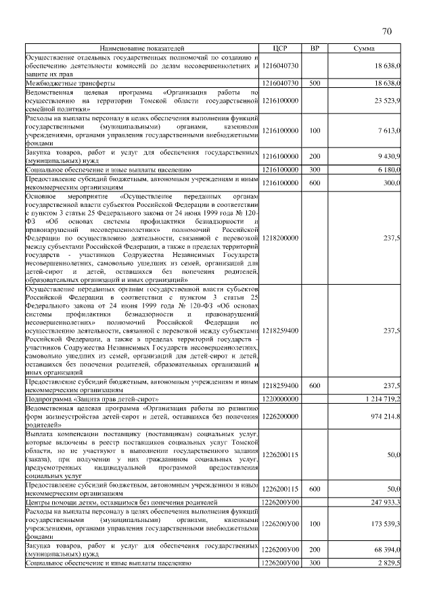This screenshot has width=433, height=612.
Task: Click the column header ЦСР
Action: click(280, 49)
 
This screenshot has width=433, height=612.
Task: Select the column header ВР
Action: click(314, 49)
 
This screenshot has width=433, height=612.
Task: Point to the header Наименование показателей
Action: click(141, 49)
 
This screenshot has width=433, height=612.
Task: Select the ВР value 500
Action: click(314, 83)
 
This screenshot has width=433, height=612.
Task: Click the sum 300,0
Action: click(392, 183)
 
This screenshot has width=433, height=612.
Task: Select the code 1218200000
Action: click(280, 238)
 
